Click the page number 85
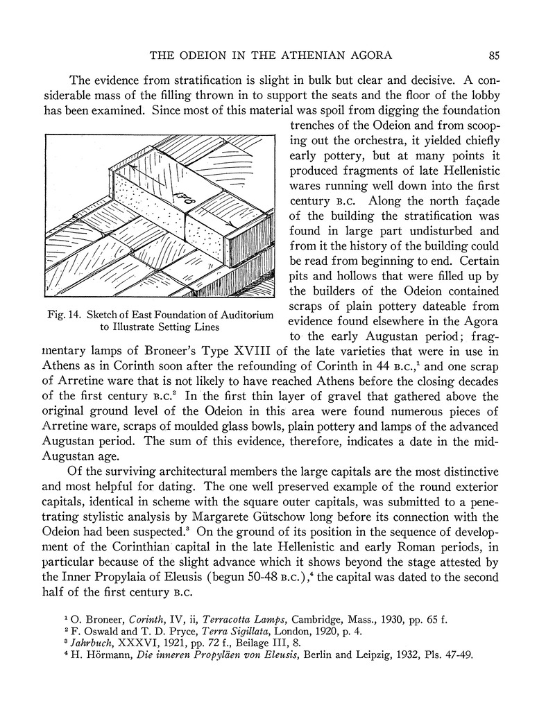494,55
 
